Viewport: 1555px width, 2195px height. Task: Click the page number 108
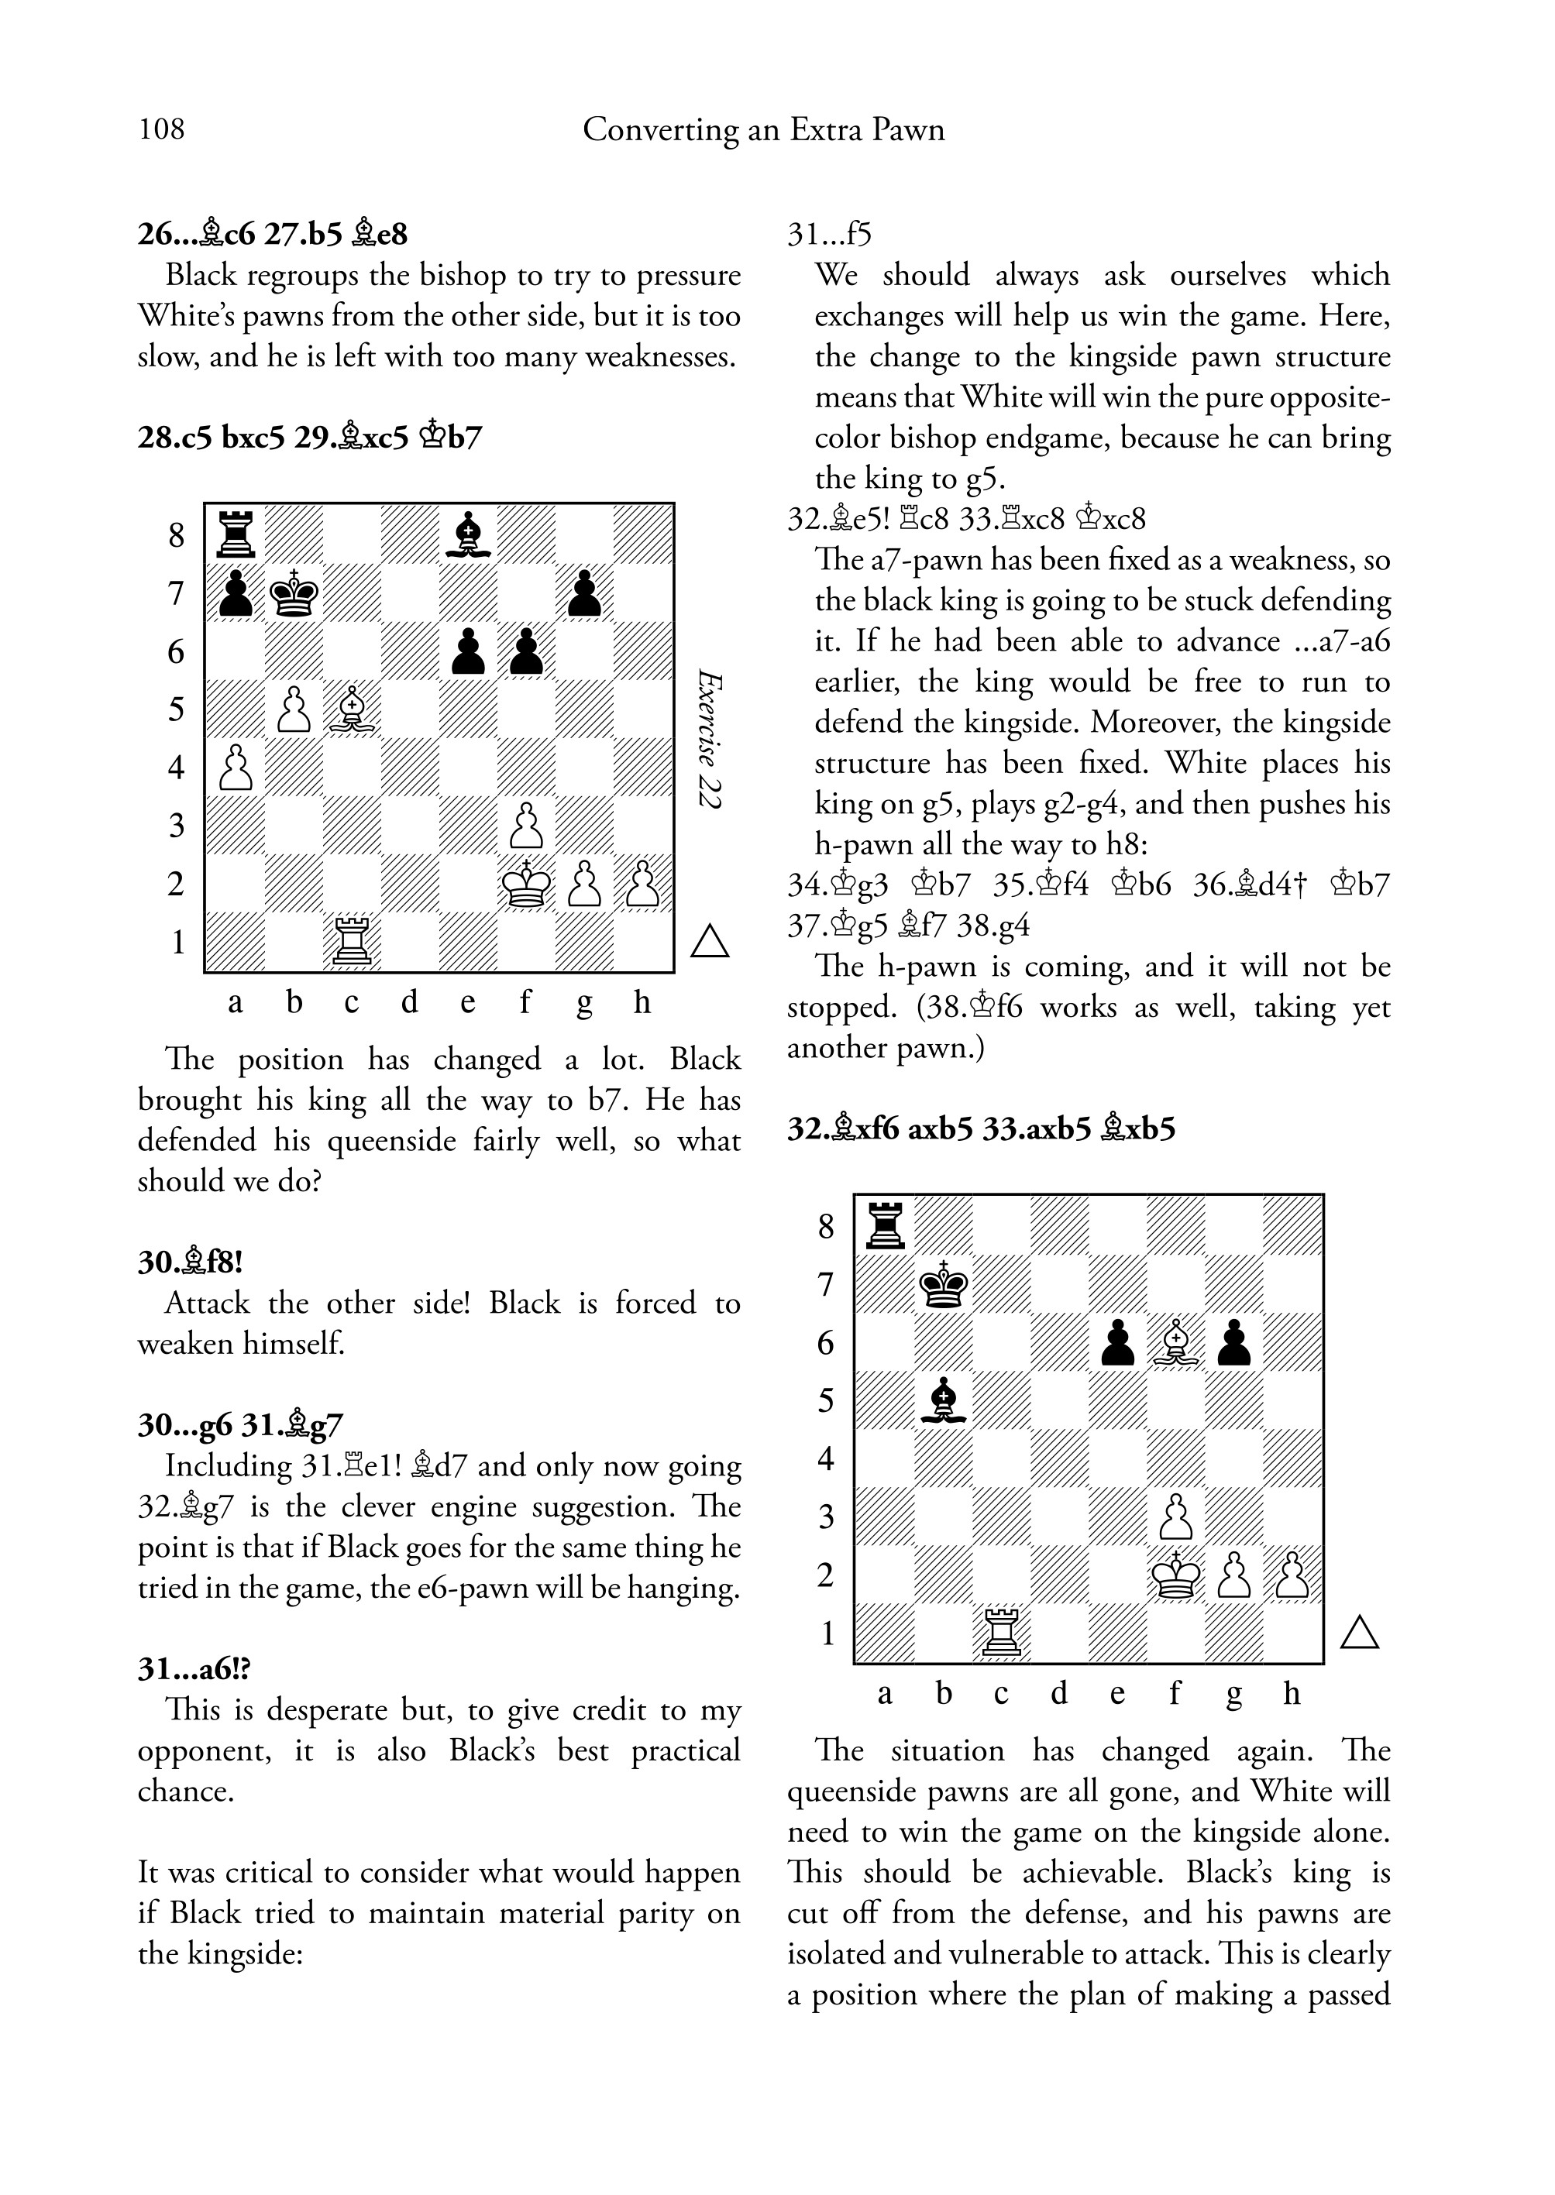[x=161, y=129]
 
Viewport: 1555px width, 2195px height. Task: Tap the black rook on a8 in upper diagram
[x=235, y=533]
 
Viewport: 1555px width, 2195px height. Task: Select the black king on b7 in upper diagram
[x=294, y=593]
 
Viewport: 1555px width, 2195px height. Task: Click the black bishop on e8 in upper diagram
[x=468, y=533]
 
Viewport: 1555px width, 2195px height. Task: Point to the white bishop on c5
[x=353, y=709]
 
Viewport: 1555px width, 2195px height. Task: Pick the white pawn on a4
[x=235, y=768]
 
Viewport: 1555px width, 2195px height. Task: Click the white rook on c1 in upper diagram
[x=353, y=942]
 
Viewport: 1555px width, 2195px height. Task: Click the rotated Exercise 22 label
[x=709, y=739]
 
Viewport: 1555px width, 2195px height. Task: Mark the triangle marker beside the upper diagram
[x=710, y=942]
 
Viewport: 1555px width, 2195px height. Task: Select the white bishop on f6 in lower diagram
[x=1176, y=1342]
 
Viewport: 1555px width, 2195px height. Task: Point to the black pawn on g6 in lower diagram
[x=1234, y=1342]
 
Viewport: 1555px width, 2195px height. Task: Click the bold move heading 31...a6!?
[x=194, y=1669]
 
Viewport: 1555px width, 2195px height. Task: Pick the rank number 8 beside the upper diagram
[x=176, y=535]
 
